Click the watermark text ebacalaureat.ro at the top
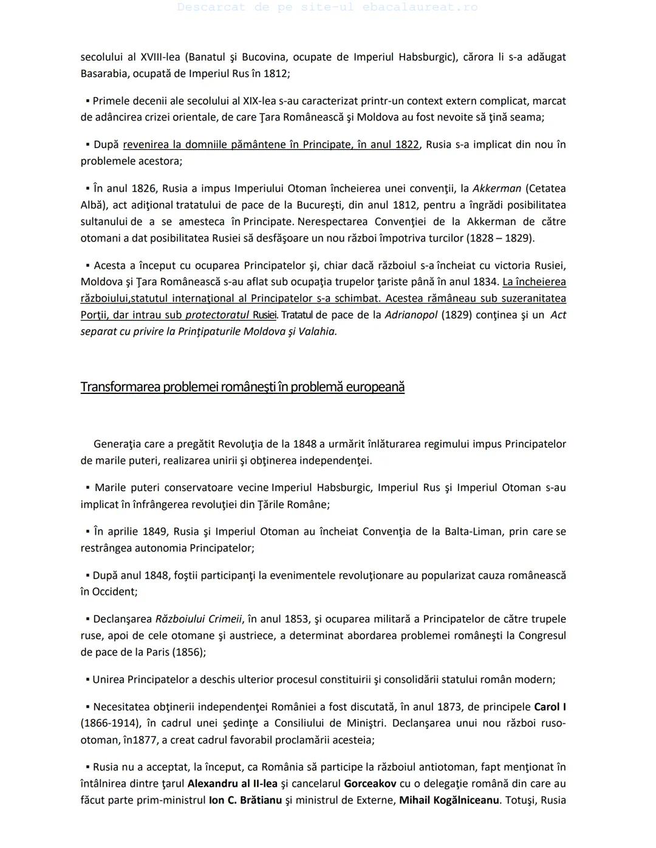[x=420, y=7]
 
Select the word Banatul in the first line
[x=207, y=57]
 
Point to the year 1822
[x=406, y=144]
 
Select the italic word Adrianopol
[x=411, y=314]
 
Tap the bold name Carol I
[x=550, y=707]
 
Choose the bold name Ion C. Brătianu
[x=245, y=800]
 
